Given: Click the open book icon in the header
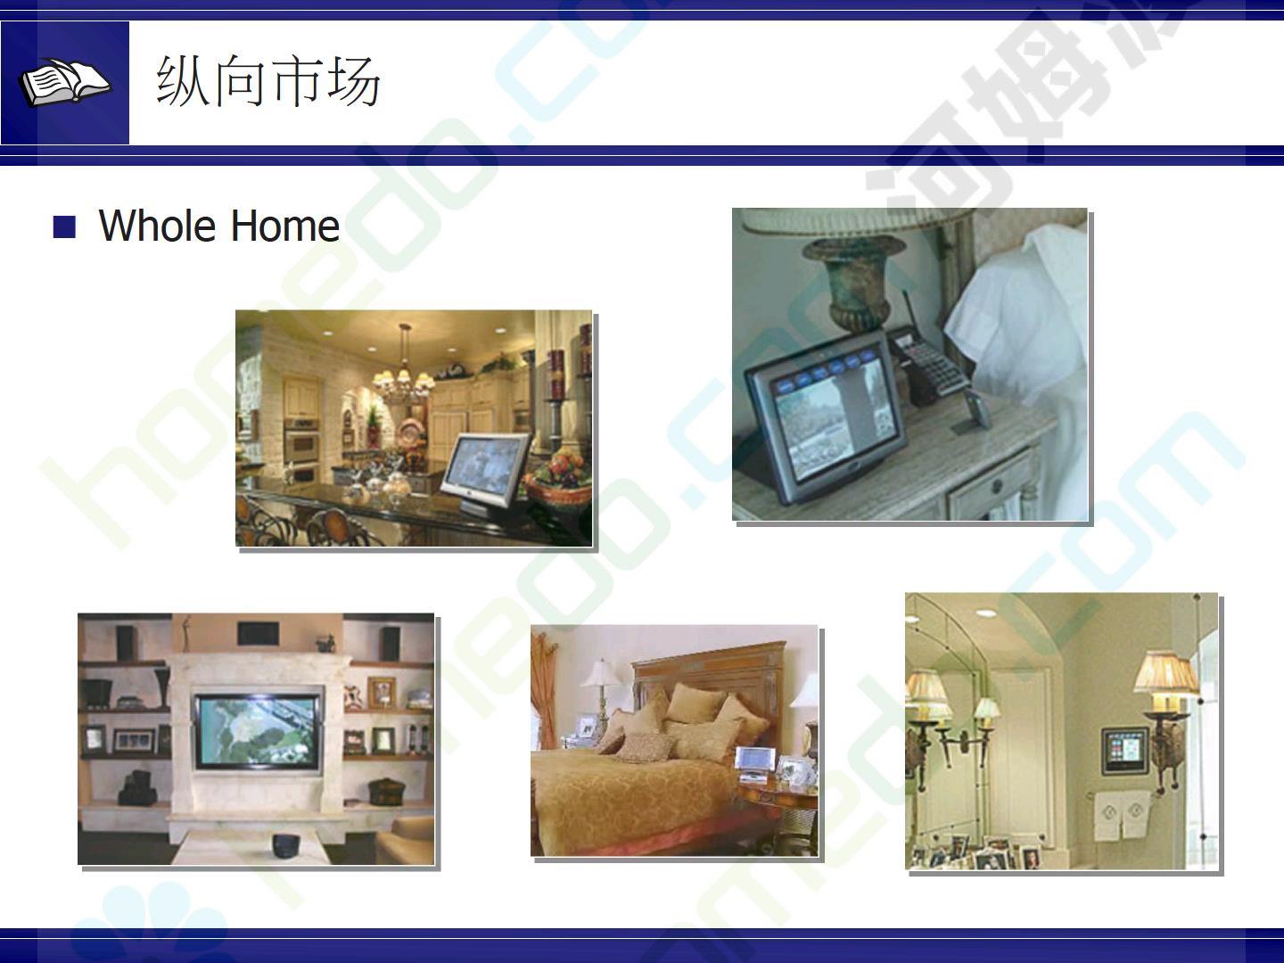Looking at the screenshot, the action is (65, 82).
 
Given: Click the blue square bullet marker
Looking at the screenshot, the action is (64, 226).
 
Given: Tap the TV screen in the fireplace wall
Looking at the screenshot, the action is (258, 731).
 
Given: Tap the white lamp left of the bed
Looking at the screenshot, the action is (601, 695).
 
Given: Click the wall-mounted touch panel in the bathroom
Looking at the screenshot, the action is (1125, 751).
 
